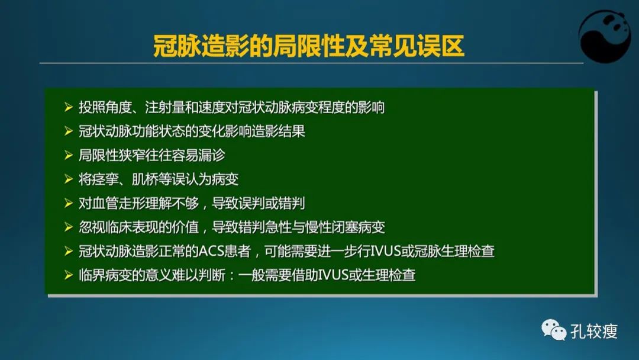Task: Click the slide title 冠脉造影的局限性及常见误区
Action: tap(308, 46)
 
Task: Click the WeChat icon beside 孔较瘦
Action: tap(554, 330)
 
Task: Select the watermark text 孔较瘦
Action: tap(594, 331)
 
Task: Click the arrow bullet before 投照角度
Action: tap(68, 108)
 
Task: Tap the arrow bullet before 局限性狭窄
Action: tap(68, 155)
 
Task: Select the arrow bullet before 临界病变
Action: tap(68, 275)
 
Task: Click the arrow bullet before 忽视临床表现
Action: tap(68, 227)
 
